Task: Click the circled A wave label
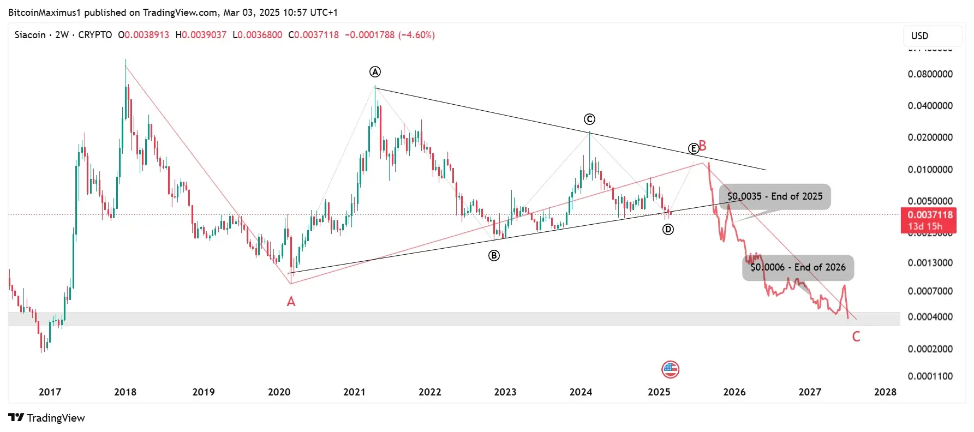375,71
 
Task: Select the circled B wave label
494,255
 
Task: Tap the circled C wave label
589,119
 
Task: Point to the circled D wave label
668,230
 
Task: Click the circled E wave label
693,148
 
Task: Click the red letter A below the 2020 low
291,302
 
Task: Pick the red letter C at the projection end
856,337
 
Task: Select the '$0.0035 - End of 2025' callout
775,196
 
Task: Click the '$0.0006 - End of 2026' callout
798,267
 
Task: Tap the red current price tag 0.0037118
930,215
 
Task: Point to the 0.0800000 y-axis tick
930,74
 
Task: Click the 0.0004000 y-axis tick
930,317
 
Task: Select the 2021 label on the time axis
354,392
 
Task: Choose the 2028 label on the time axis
885,392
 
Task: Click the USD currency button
920,36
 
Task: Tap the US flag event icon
670,370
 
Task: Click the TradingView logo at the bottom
47,418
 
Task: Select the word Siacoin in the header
30,35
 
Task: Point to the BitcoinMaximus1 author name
44,12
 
